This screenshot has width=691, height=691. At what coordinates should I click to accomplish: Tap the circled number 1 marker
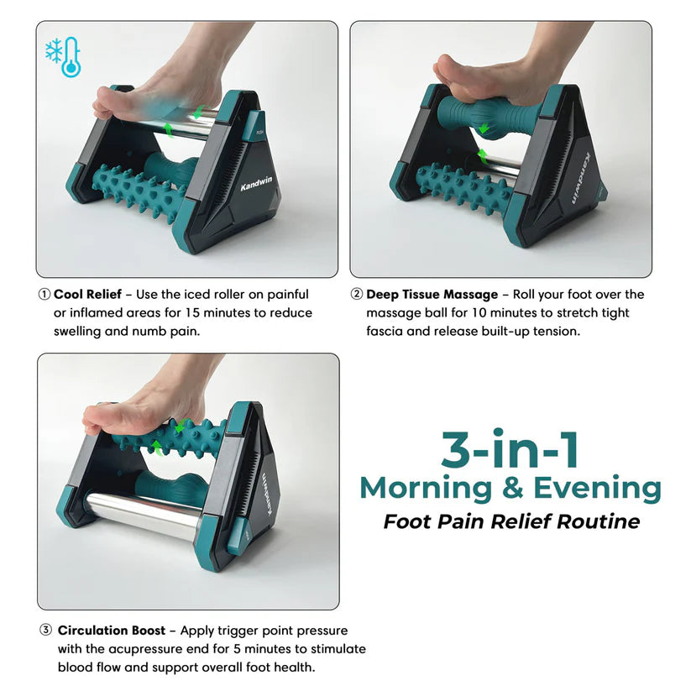(44, 295)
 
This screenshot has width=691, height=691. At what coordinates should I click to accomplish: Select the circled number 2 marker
(357, 295)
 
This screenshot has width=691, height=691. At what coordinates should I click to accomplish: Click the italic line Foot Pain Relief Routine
(511, 521)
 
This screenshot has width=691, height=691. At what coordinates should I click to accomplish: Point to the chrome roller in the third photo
(143, 512)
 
